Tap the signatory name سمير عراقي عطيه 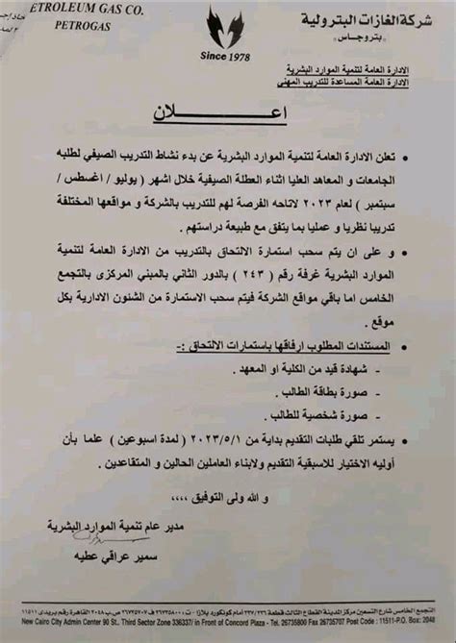click(x=112, y=556)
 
